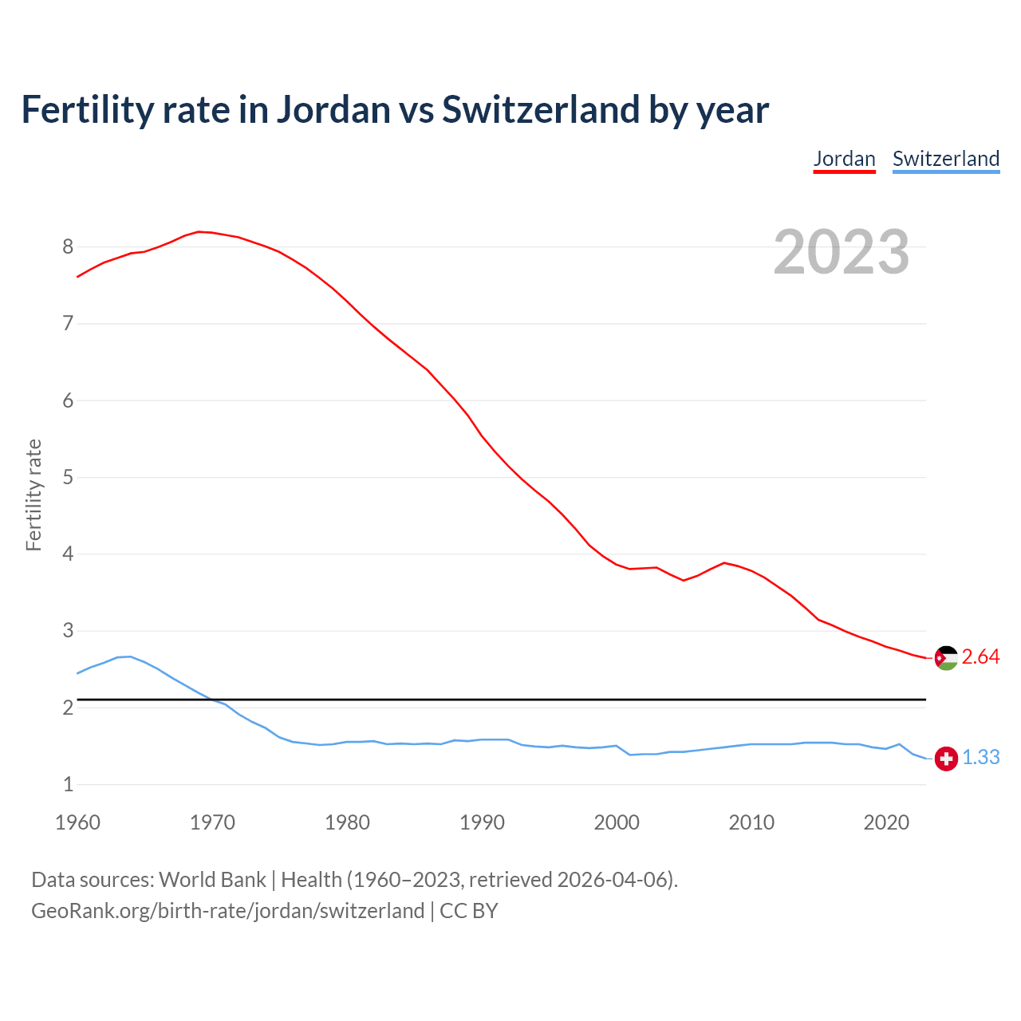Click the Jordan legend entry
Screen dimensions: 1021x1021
844,159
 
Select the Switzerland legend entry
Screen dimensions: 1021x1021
945,159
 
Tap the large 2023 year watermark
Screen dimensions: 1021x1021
841,252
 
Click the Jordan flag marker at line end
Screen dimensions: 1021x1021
946,658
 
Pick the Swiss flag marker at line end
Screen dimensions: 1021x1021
946,759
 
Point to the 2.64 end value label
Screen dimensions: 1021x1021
980,657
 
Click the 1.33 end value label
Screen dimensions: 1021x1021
980,758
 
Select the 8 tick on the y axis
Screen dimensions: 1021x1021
68,247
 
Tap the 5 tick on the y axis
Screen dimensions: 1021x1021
68,478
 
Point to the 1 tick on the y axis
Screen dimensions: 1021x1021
68,785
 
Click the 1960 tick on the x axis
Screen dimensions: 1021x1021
77,822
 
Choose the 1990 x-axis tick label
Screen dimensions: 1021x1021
482,822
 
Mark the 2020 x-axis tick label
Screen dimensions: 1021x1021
886,822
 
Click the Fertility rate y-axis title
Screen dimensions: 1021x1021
34,495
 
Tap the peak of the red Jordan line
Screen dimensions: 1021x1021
199,231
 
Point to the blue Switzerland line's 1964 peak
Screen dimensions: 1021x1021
131,656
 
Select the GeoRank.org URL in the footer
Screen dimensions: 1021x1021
227,911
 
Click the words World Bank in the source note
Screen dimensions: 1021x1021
212,880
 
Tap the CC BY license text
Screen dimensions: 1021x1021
469,911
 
